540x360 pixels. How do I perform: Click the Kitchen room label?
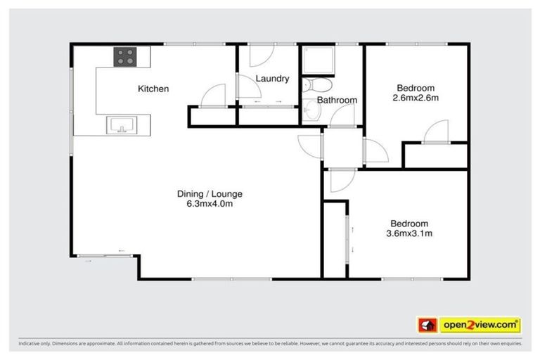pyautogui.click(x=153, y=89)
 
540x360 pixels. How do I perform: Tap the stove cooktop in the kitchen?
pyautogui.click(x=125, y=56)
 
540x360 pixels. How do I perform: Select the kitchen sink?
pyautogui.click(x=121, y=126)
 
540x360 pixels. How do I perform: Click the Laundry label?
pyautogui.click(x=272, y=79)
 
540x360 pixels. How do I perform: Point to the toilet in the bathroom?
pyautogui.click(x=318, y=85)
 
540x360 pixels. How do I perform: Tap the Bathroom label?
pyautogui.click(x=337, y=101)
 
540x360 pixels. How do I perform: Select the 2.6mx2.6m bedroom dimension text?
pyautogui.click(x=417, y=98)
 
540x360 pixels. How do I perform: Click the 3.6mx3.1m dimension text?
pyautogui.click(x=409, y=233)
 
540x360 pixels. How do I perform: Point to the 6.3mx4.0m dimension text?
pyautogui.click(x=205, y=205)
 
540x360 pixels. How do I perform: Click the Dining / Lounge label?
pyautogui.click(x=205, y=194)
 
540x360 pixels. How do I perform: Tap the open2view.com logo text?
pyautogui.click(x=480, y=325)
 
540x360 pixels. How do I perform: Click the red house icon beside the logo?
pyautogui.click(x=427, y=325)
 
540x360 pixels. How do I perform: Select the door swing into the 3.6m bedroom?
pyautogui.click(x=339, y=181)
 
